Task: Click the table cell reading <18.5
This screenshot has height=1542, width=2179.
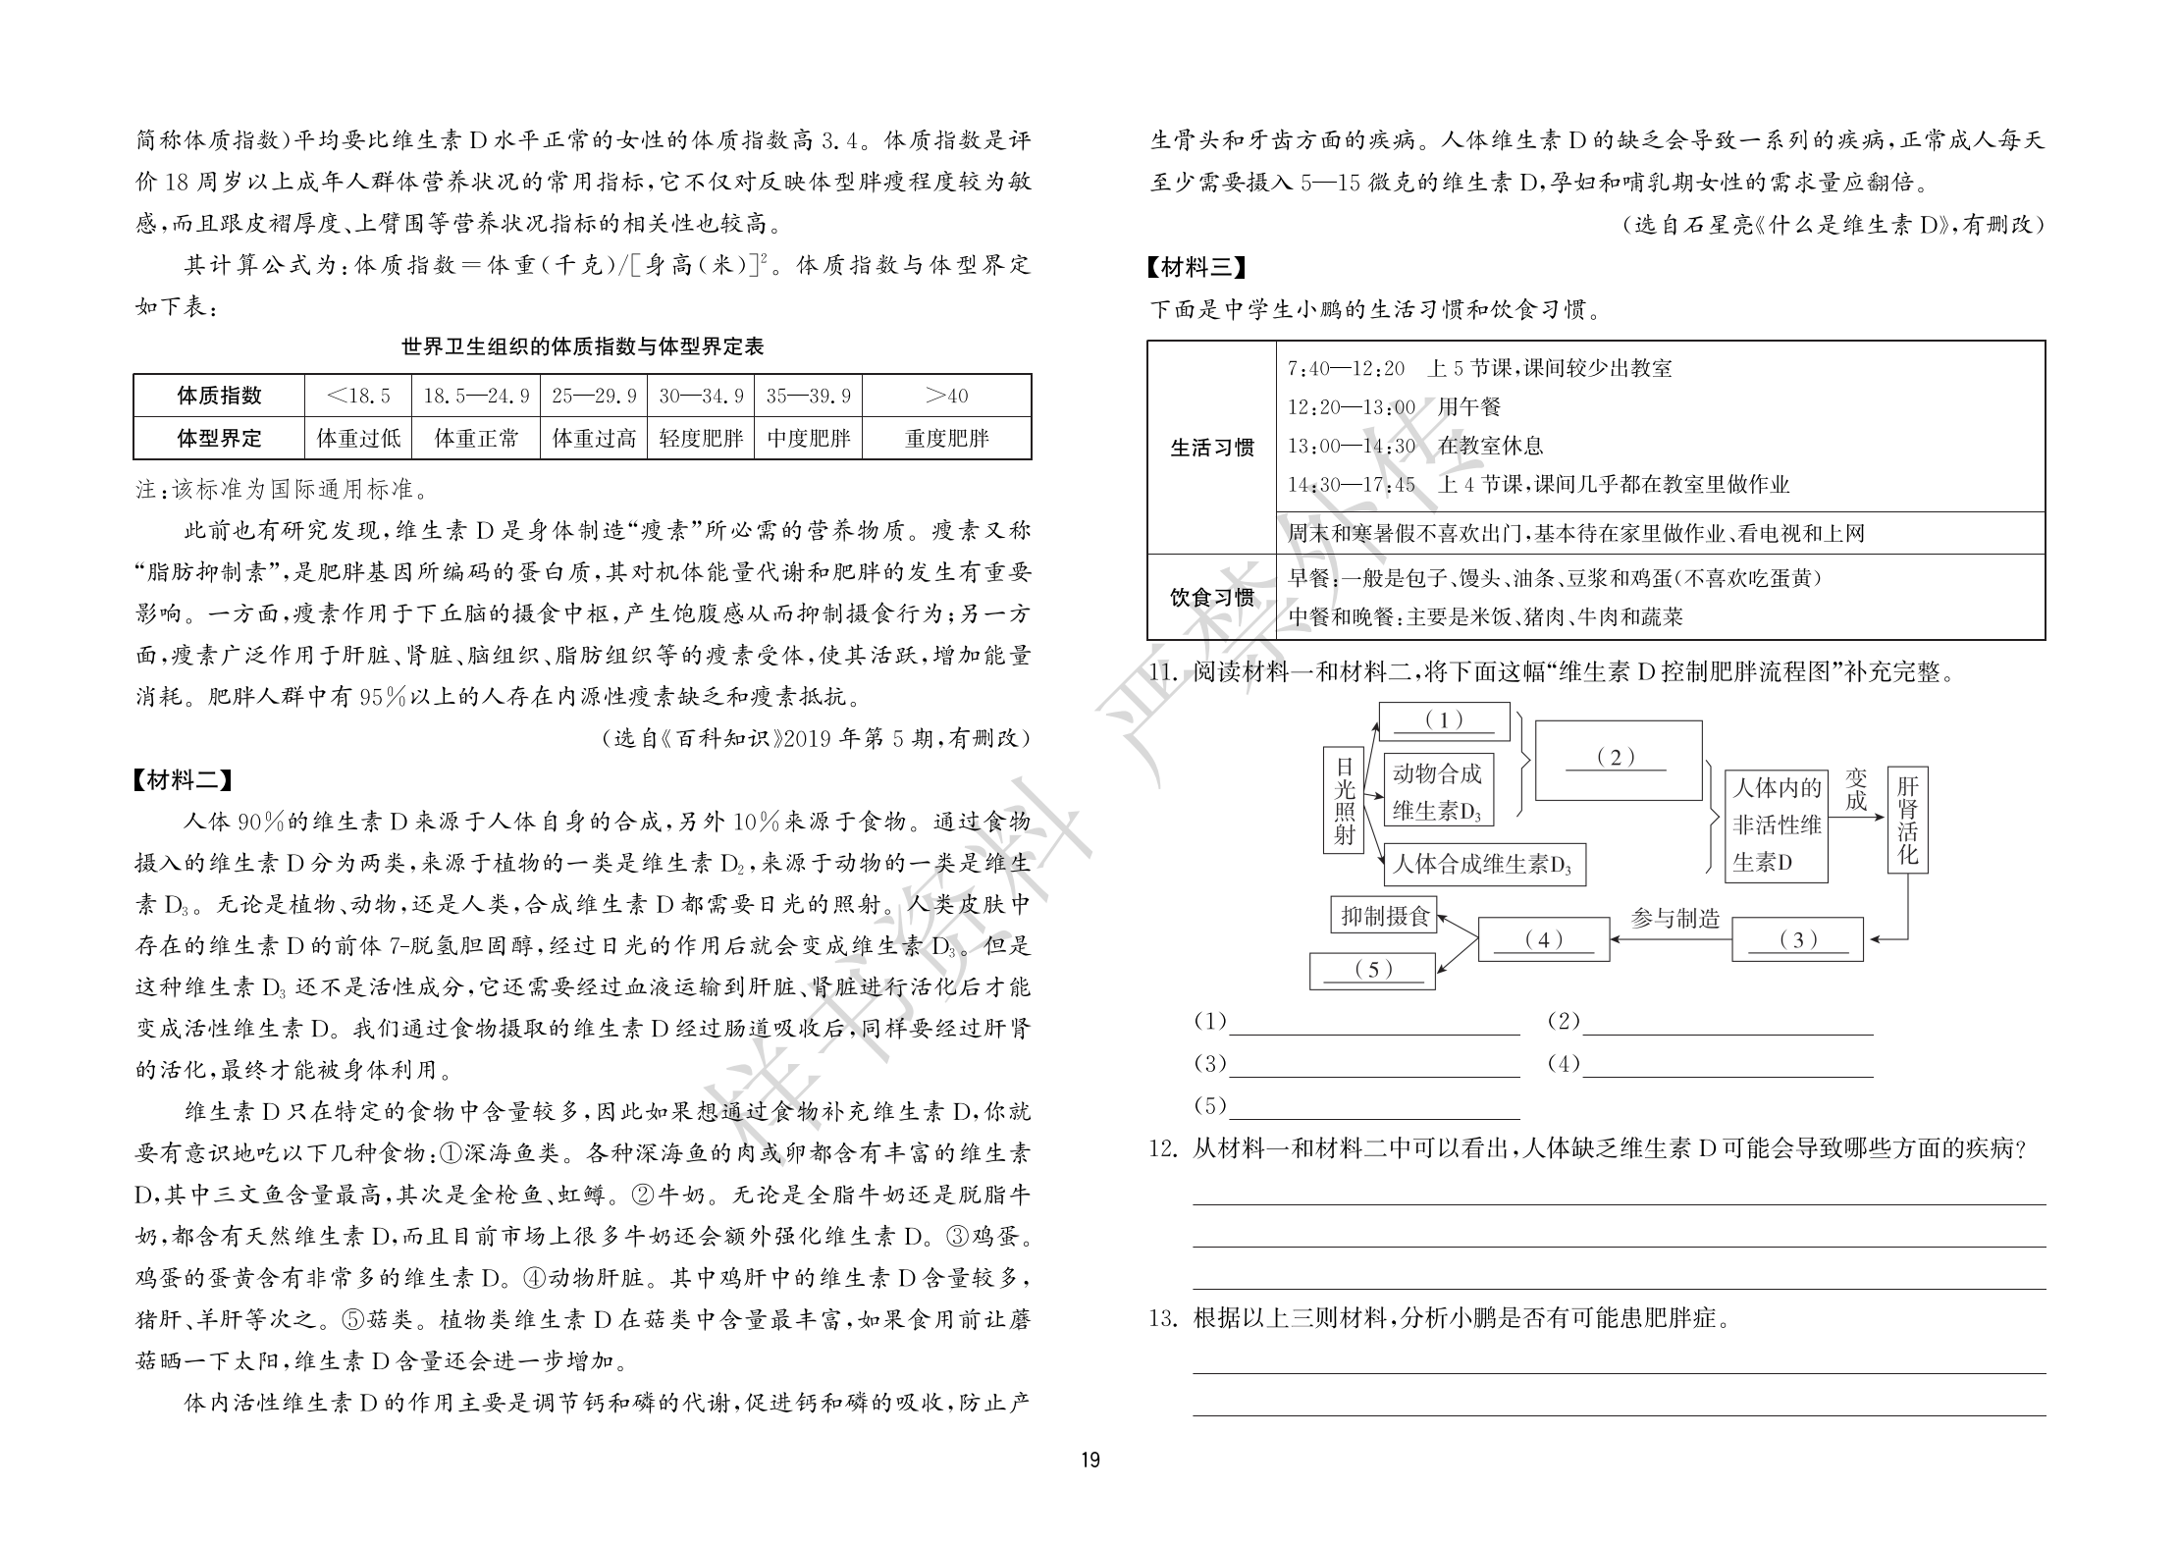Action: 358,396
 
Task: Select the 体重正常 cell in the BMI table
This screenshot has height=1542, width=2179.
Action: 476,438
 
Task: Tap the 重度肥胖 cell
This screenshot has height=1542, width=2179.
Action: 946,438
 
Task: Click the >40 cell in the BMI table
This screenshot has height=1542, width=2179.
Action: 946,396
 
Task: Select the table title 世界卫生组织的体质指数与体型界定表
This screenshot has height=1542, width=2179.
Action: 582,346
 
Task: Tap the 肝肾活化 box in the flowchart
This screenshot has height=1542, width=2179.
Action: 1907,820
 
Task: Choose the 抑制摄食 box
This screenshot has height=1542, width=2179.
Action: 1384,916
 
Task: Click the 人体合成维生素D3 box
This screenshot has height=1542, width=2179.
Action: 1482,864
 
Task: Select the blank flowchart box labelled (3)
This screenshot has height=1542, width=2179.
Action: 1797,939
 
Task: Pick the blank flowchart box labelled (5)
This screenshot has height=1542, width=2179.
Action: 1372,970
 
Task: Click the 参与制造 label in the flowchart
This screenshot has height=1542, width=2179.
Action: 1674,918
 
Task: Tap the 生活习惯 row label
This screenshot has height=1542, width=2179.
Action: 1212,448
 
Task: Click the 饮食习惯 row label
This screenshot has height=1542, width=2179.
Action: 1212,597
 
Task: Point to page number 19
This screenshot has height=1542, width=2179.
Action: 1089,1487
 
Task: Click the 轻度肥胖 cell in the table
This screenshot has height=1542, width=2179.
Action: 701,438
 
